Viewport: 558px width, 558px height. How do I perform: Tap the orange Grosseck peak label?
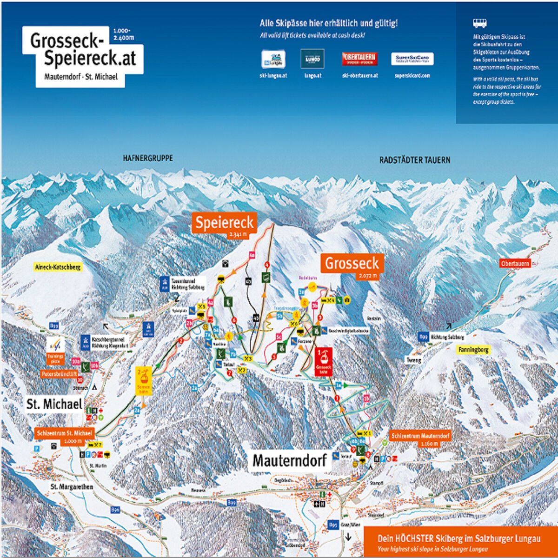pyautogui.click(x=352, y=264)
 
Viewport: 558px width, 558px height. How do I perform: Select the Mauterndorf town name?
pyautogui.click(x=289, y=460)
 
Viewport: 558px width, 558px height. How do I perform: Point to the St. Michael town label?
pyautogui.click(x=54, y=404)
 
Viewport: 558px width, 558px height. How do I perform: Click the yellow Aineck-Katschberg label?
pyautogui.click(x=58, y=267)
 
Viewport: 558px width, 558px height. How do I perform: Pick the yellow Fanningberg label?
pyautogui.click(x=473, y=350)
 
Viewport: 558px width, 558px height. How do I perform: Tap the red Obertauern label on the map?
pyautogui.click(x=515, y=263)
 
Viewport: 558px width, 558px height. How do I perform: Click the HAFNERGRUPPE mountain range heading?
pyautogui.click(x=148, y=158)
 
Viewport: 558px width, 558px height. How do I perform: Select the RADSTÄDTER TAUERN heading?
pyautogui.click(x=415, y=160)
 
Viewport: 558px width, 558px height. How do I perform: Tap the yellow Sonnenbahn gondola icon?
pyautogui.click(x=143, y=380)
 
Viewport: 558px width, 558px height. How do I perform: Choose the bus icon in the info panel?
pyautogui.click(x=480, y=23)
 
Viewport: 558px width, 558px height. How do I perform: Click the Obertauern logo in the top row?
pyautogui.click(x=359, y=59)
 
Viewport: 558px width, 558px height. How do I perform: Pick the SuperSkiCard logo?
pyautogui.click(x=412, y=59)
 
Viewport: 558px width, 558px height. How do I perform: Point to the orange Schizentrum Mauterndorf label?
pyautogui.click(x=420, y=436)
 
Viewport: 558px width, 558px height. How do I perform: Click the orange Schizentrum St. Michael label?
pyautogui.click(x=65, y=433)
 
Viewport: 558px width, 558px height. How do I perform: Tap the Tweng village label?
pyautogui.click(x=414, y=360)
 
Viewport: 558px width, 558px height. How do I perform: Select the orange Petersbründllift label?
pyautogui.click(x=59, y=374)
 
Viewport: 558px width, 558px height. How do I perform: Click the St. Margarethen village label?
pyautogui.click(x=72, y=486)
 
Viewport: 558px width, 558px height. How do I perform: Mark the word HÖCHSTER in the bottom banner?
pyautogui.click(x=415, y=538)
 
